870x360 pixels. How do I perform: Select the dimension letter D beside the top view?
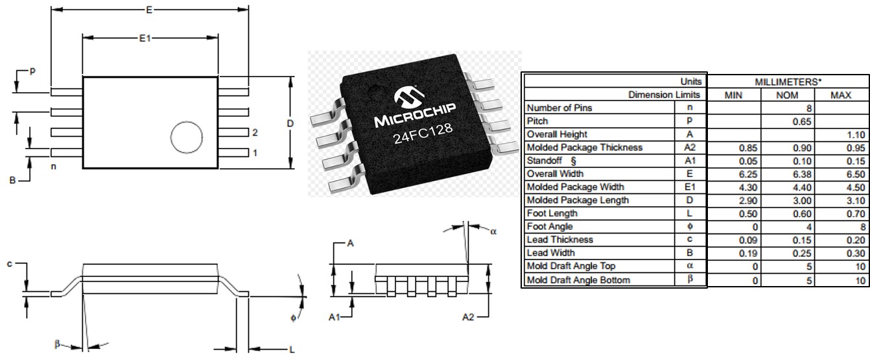tap(290, 123)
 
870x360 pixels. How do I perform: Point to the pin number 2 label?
tap(255, 133)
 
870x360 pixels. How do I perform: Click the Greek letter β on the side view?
tap(58, 343)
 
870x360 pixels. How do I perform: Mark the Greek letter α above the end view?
tap(493, 248)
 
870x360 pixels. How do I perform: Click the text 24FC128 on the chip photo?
tap(422, 138)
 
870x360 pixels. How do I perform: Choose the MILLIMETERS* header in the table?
tap(788, 82)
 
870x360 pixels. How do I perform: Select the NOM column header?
tap(788, 95)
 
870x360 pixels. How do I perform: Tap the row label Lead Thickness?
tap(559, 239)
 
